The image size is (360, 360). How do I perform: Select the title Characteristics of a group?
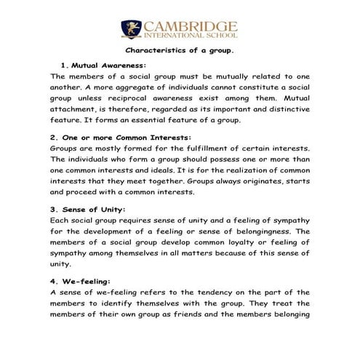(x=180, y=52)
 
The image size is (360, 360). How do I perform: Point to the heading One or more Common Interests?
(x=110, y=137)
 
